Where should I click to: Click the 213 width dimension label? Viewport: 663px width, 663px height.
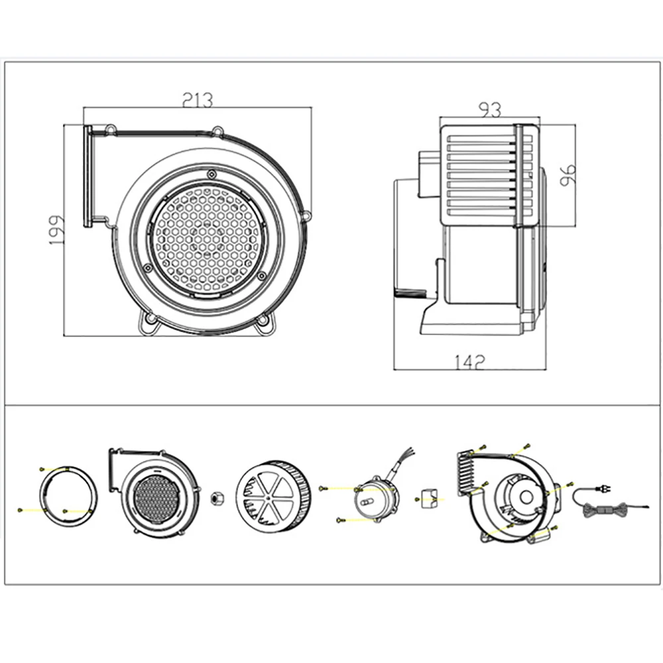tap(198, 100)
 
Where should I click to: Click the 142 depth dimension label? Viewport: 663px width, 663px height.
tap(470, 361)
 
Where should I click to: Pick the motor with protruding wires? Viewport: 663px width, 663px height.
tap(377, 494)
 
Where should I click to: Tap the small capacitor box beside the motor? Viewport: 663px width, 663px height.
tap(426, 497)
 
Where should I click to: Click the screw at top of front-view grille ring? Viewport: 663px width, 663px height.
tap(211, 173)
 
